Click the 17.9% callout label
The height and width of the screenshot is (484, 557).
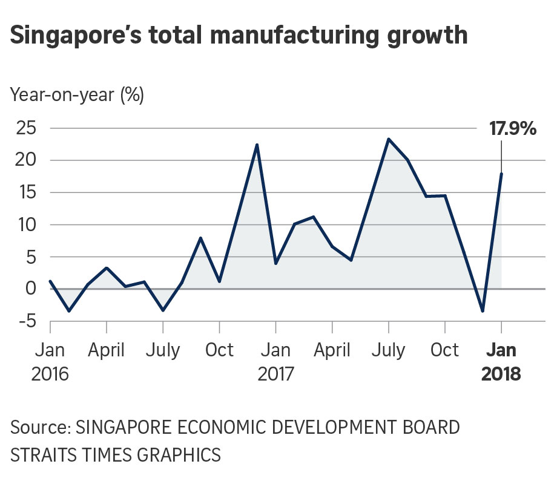point(512,129)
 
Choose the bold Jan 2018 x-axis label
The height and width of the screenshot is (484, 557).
point(501,362)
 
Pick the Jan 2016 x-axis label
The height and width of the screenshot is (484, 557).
point(50,362)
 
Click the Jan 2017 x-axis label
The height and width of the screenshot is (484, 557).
point(275,362)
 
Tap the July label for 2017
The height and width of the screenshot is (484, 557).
point(388,350)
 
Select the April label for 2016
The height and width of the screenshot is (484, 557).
point(107,350)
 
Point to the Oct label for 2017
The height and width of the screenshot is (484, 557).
point(445,350)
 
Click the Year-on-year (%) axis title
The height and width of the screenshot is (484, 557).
point(77,95)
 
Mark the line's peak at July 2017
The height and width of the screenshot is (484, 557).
point(388,139)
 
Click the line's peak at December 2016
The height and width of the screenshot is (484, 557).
point(257,145)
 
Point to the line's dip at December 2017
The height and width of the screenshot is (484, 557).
point(483,311)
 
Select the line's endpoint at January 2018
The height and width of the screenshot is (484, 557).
point(501,174)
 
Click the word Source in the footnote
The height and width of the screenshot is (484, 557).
point(39,428)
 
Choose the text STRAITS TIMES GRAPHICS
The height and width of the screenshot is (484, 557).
point(115,454)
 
